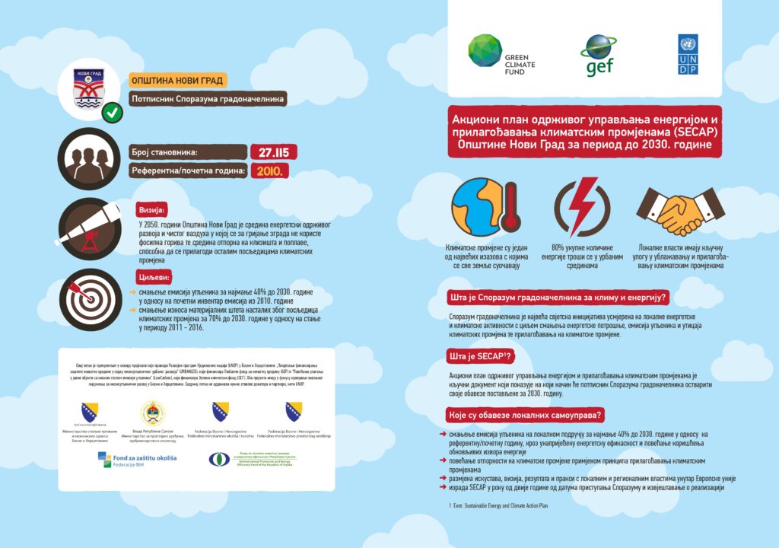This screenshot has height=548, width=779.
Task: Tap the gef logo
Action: pos(599,55)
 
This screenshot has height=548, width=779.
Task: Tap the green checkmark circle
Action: pos(113,113)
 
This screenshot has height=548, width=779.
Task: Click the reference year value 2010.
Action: pos(269,170)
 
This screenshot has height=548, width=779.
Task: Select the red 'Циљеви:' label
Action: pos(155,277)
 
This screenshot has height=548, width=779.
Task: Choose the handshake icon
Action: pos(679,207)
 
